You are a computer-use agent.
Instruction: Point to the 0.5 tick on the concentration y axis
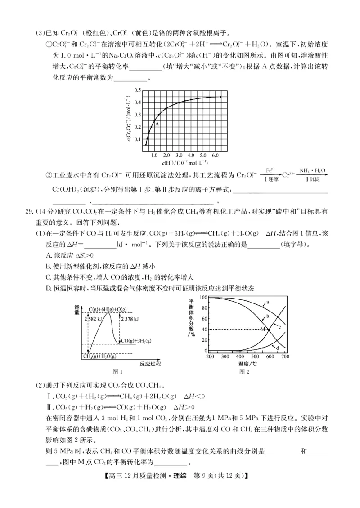(137, 90)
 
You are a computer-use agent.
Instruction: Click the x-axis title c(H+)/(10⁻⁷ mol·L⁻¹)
(184, 161)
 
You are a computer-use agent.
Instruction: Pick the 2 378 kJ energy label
(129, 319)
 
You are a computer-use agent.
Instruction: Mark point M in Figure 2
(263, 330)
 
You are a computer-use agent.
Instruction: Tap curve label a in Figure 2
(267, 302)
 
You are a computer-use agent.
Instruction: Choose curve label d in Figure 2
(278, 348)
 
